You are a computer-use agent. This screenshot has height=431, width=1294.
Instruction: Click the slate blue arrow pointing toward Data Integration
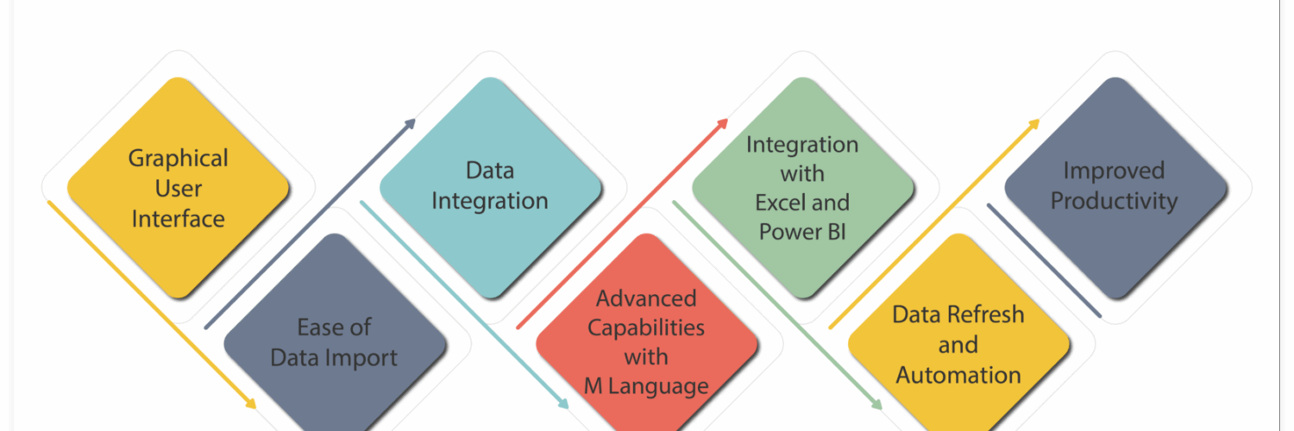tap(311, 224)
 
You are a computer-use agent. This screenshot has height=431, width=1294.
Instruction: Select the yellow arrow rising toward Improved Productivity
tap(934, 224)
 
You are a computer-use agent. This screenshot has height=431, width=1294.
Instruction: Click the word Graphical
tap(179, 159)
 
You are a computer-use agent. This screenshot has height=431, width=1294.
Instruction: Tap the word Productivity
tap(1114, 201)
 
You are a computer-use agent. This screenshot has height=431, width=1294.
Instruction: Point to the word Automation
tap(958, 375)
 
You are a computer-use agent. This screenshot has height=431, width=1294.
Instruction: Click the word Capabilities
tap(646, 328)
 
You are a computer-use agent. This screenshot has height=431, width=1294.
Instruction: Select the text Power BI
tap(802, 232)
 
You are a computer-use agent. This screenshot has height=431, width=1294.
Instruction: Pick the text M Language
tap(646, 385)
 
